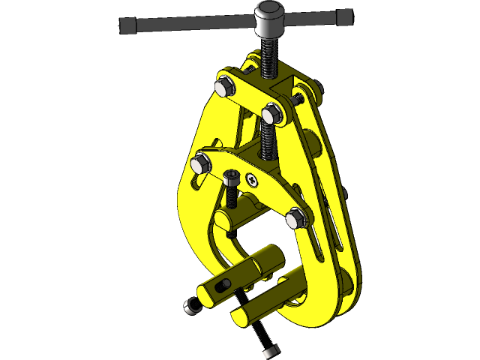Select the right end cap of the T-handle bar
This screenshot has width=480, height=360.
[x=346, y=16]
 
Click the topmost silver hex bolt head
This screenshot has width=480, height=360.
[x=223, y=88]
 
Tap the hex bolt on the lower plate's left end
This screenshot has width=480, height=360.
[x=201, y=163]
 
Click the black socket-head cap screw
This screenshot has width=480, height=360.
[x=232, y=179]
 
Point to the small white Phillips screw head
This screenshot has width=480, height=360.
[x=253, y=180]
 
